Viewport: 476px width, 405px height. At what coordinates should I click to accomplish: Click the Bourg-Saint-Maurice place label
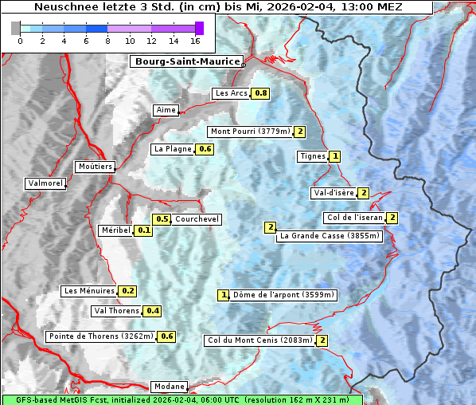[186, 61]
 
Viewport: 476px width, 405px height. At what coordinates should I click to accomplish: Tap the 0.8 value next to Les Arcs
[260, 93]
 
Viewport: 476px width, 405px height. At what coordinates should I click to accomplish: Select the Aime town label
[166, 110]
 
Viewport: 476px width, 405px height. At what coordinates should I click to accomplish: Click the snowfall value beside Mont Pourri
[300, 132]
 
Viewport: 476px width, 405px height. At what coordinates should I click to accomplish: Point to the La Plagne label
[172, 149]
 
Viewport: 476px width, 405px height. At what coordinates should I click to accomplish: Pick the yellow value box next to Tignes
[335, 156]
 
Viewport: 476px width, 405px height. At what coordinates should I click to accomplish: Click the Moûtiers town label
[95, 167]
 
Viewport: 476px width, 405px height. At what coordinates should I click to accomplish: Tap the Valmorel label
[45, 183]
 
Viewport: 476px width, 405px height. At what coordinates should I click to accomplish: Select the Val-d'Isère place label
[333, 193]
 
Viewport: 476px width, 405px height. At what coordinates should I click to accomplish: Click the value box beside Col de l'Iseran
[392, 218]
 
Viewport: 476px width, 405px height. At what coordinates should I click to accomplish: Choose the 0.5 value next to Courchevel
[162, 219]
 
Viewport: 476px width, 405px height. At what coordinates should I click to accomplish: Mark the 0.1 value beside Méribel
[144, 230]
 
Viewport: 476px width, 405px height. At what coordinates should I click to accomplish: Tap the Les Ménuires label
[89, 291]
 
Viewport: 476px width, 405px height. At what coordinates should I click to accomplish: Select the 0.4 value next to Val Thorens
[152, 311]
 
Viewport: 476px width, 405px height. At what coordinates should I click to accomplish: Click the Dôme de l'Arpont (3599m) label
[283, 295]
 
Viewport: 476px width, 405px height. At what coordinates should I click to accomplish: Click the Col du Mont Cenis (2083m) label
[259, 340]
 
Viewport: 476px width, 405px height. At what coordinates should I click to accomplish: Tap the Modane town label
[168, 387]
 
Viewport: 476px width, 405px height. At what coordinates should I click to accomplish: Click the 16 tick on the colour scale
[195, 41]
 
